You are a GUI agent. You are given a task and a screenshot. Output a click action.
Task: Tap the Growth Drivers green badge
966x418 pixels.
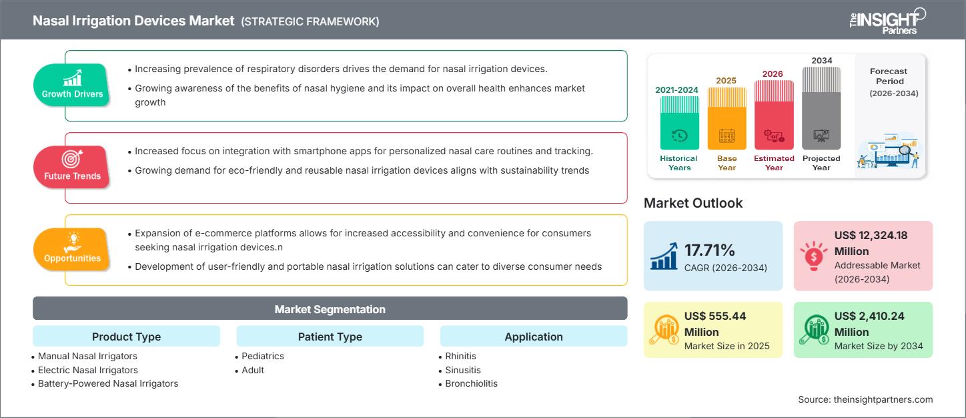(72, 85)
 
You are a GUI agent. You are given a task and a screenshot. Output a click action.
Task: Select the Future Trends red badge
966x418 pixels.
(72, 168)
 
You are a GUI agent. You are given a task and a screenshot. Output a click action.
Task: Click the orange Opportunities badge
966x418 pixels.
(72, 250)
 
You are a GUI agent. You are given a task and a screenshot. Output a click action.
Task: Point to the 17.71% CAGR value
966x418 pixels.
(710, 250)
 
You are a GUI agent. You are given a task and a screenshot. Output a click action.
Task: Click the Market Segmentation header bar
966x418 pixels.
(330, 309)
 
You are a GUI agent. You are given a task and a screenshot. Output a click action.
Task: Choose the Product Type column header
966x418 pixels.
(126, 337)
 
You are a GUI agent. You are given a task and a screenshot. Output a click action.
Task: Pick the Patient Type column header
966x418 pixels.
(330, 337)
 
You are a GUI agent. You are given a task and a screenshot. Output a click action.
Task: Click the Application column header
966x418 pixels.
(533, 337)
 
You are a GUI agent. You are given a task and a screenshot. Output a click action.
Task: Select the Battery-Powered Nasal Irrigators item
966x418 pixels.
(108, 383)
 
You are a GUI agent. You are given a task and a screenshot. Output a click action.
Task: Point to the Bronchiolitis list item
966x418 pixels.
(471, 383)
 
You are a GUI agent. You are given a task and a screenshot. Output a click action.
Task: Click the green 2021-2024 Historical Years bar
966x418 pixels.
(679, 124)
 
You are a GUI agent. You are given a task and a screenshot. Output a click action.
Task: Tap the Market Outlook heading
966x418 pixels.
(692, 203)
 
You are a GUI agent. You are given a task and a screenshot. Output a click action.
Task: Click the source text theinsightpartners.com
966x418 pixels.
(865, 399)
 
